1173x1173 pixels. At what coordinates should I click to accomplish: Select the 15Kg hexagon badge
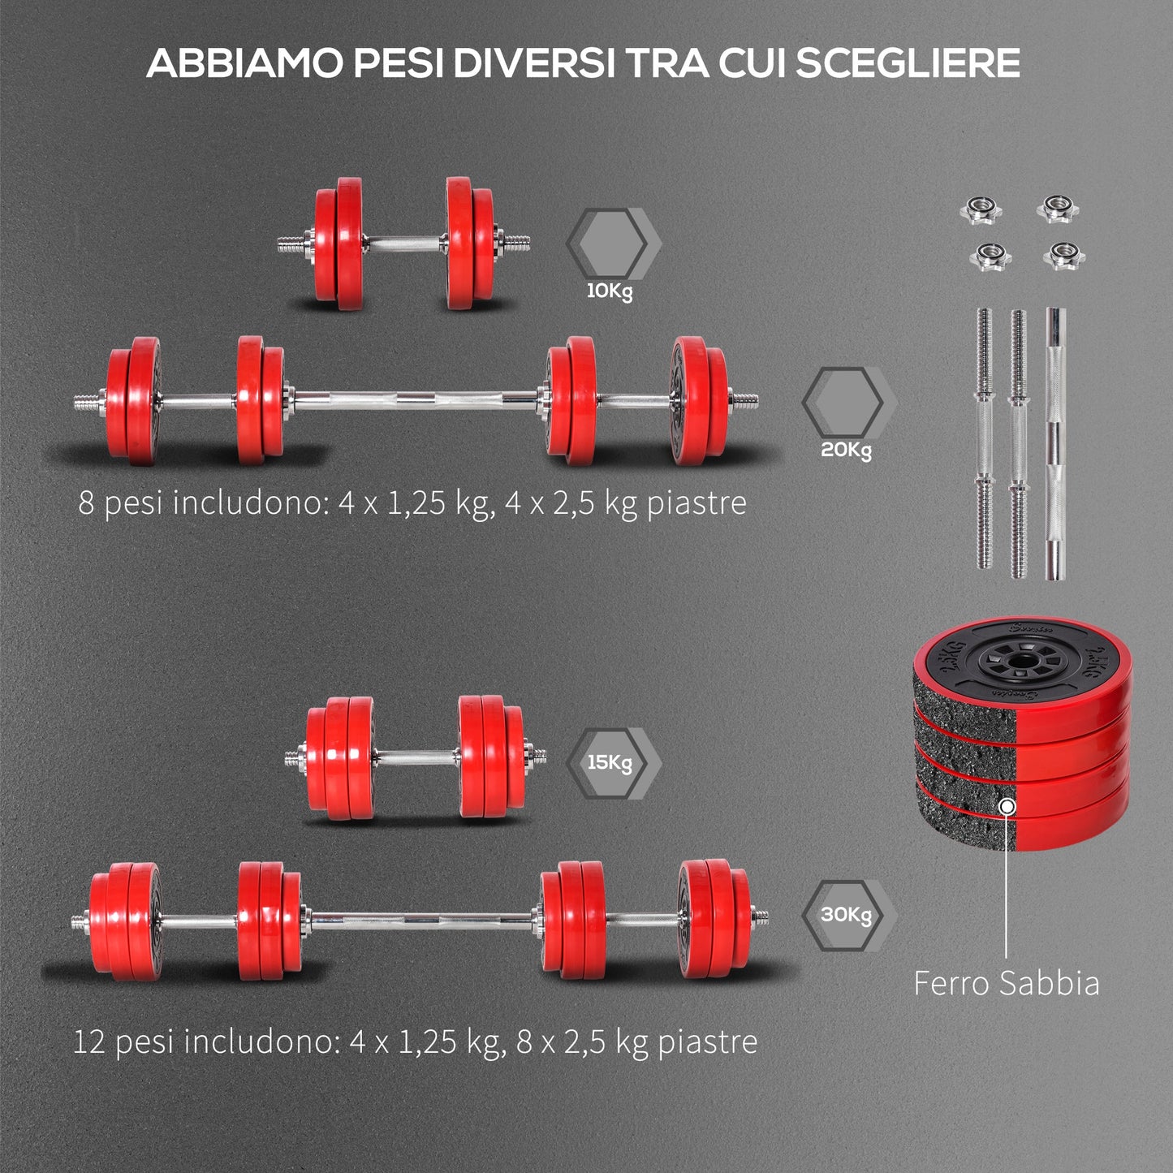[610, 762]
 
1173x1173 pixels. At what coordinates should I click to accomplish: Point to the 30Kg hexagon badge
[846, 915]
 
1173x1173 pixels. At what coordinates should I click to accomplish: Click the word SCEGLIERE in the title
[907, 63]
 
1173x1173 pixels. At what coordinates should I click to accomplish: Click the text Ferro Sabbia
[1006, 983]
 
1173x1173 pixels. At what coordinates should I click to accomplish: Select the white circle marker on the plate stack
[1007, 807]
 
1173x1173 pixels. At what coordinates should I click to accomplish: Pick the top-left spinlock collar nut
[981, 210]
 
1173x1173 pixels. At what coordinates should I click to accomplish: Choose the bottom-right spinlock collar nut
[1063, 256]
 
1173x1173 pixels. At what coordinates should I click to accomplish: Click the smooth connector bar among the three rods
[1054, 443]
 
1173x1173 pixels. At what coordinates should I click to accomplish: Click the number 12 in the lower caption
[89, 1041]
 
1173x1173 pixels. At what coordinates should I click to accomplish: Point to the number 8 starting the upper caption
[86, 503]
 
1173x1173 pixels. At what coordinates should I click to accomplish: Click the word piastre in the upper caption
[696, 503]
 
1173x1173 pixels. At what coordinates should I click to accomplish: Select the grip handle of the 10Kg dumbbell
[404, 243]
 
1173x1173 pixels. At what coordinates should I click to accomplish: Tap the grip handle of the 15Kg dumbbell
[416, 758]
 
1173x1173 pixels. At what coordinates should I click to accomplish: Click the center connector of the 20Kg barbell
[415, 399]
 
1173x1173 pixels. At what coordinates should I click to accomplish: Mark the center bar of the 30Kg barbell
[420, 920]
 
